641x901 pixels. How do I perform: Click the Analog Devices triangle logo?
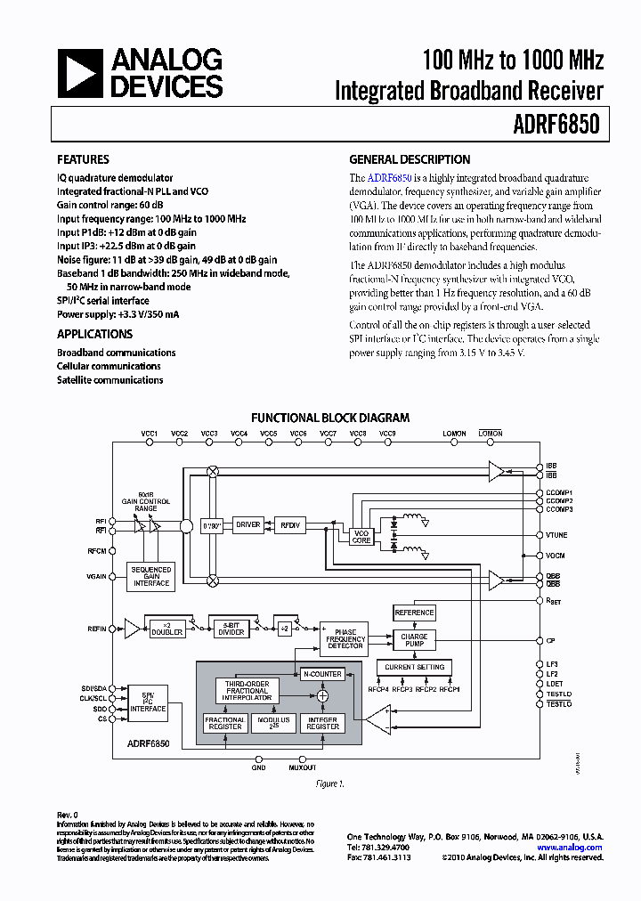(81, 73)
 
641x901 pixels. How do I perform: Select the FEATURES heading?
(83, 160)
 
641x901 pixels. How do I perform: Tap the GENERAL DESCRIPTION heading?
(410, 160)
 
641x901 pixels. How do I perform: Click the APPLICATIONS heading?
(94, 334)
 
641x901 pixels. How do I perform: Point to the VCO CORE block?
(361, 536)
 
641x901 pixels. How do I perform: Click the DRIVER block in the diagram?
(247, 525)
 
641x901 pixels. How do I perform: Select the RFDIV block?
(289, 525)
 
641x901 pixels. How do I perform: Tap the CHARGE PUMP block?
(414, 641)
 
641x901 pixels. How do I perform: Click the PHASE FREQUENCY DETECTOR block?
(345, 639)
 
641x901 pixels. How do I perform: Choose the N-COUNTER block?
(321, 674)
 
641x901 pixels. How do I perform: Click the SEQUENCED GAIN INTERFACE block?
(151, 576)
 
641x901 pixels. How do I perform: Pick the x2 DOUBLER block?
(166, 629)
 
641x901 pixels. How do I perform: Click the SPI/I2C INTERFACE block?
(148, 704)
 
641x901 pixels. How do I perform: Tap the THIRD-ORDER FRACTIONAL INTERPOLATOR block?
(247, 691)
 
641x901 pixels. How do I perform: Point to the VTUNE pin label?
(558, 535)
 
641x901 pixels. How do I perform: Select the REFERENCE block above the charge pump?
(414, 613)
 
